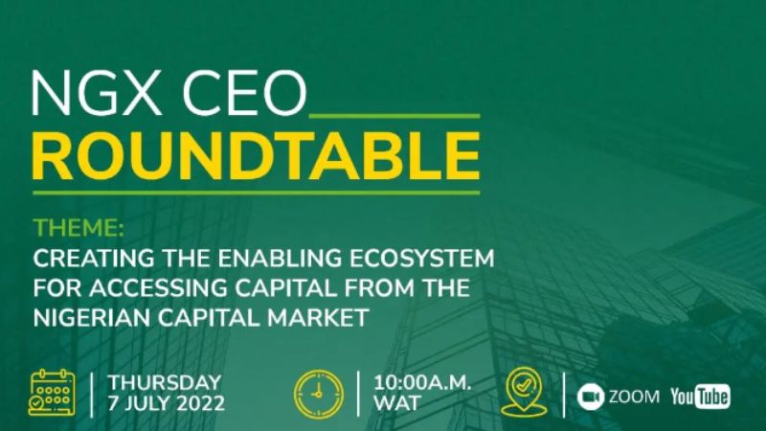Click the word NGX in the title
point(97,94)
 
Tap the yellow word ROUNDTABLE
point(256,156)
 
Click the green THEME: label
point(79,228)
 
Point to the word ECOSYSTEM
point(421,258)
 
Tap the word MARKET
point(318,318)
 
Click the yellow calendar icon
point(52,393)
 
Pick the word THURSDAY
point(165,382)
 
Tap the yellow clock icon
point(319,394)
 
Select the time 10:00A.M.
point(422,382)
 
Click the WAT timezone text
point(397,403)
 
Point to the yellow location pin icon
point(523,392)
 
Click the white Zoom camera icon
point(590,397)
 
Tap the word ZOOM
point(634,397)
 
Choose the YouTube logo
point(700,396)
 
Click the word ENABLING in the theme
point(280,258)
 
